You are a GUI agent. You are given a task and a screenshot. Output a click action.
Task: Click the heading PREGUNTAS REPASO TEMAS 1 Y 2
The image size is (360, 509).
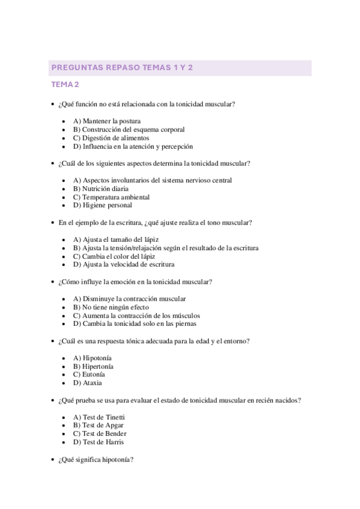(122, 68)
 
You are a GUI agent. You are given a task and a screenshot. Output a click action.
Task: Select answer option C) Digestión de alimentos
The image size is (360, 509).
(111, 138)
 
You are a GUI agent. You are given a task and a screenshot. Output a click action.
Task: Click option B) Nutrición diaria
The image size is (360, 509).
(101, 188)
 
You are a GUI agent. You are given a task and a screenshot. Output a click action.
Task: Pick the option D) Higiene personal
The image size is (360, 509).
(102, 205)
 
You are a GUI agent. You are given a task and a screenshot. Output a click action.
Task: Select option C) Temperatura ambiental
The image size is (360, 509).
(111, 197)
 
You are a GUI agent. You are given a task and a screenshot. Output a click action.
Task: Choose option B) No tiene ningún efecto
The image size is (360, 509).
(111, 307)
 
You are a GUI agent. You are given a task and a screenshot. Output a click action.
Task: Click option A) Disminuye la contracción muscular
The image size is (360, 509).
(129, 299)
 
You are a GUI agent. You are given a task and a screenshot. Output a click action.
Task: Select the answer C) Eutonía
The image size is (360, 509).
(92, 375)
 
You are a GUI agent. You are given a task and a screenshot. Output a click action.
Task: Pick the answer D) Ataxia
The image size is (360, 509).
(88, 383)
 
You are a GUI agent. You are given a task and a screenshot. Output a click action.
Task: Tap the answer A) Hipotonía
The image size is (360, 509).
(93, 358)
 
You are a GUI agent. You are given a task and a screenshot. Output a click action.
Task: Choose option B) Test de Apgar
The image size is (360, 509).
(99, 426)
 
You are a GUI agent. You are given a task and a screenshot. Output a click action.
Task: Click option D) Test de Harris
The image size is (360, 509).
(99, 442)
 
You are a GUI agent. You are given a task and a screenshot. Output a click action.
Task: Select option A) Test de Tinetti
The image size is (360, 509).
(99, 417)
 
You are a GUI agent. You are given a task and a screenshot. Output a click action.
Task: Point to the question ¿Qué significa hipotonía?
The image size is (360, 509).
(96, 460)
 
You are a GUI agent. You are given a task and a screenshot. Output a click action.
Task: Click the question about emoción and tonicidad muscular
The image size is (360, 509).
(135, 282)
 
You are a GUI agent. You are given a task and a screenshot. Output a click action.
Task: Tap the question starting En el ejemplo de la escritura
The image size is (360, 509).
(155, 223)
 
